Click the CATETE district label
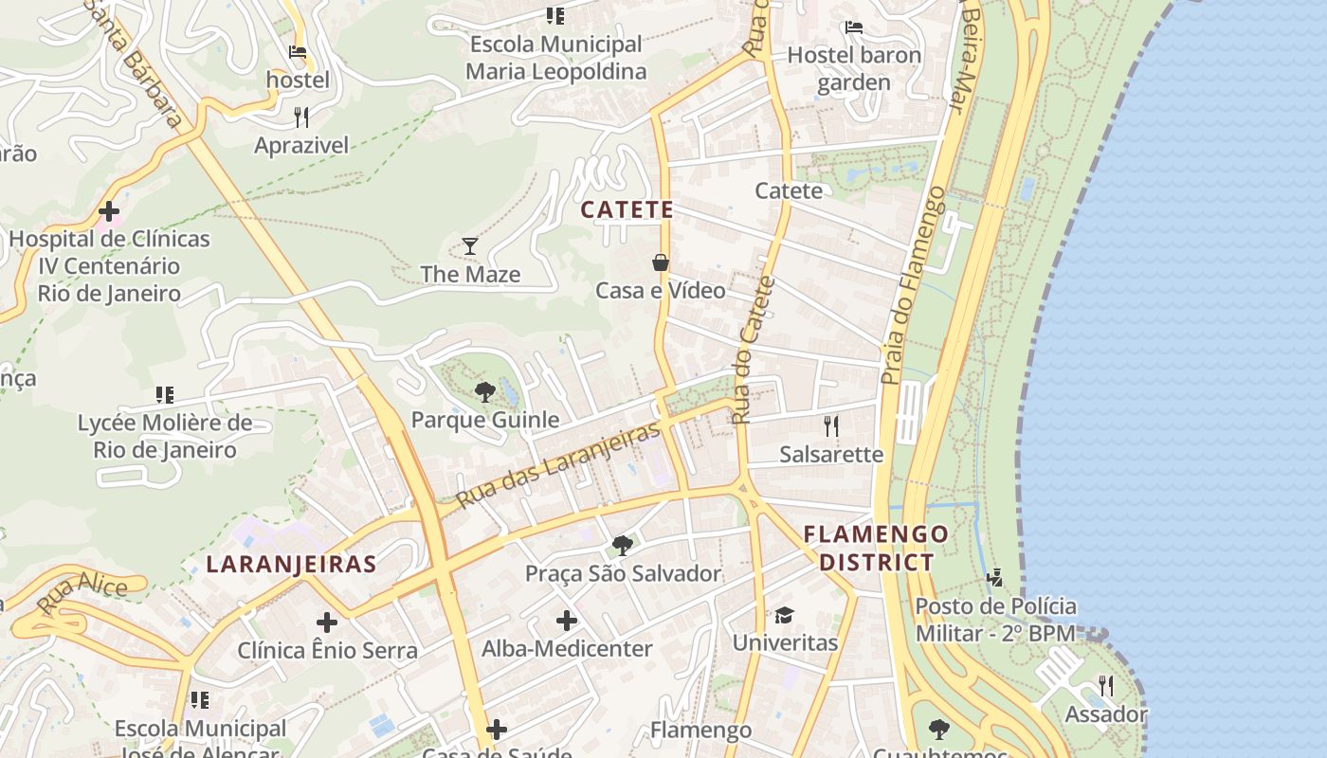pyautogui.click(x=627, y=209)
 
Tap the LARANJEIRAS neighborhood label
pyautogui.click(x=291, y=565)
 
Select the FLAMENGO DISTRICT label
pyautogui.click(x=876, y=548)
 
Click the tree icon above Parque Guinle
pyautogui.click(x=484, y=391)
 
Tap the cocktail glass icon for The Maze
pyautogui.click(x=470, y=247)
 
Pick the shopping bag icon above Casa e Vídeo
pyautogui.click(x=661, y=262)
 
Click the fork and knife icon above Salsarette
pyautogui.click(x=831, y=426)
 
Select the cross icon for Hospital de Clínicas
pyautogui.click(x=109, y=211)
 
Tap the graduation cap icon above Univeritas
pyautogui.click(x=784, y=616)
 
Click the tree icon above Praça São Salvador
pyautogui.click(x=623, y=546)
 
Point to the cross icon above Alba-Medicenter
pyautogui.click(x=567, y=622)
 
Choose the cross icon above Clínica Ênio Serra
pyautogui.click(x=327, y=623)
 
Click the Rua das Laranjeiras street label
pyautogui.click(x=557, y=465)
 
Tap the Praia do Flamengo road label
pyautogui.click(x=912, y=284)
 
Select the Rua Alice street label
pyautogui.click(x=82, y=594)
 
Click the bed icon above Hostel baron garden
pyautogui.click(x=854, y=27)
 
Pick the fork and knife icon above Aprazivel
pyautogui.click(x=301, y=117)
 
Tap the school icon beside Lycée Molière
pyautogui.click(x=165, y=395)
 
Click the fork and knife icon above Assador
pyautogui.click(x=1105, y=686)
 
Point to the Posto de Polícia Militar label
pyautogui.click(x=995, y=620)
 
